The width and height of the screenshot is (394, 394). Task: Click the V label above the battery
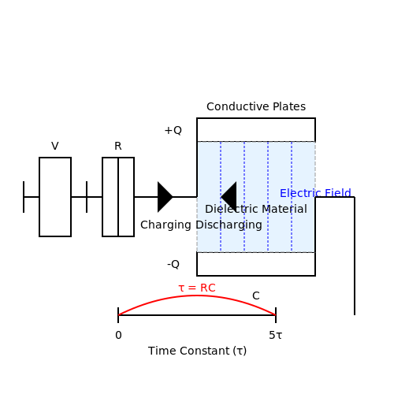click(55, 146)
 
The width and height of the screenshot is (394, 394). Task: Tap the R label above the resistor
click(118, 146)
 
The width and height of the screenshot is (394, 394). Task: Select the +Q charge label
click(173, 130)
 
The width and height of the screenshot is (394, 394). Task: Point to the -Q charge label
click(173, 264)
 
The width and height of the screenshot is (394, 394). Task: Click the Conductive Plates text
click(256, 106)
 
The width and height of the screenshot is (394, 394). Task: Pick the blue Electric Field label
click(315, 193)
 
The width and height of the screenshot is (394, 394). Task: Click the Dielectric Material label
click(256, 209)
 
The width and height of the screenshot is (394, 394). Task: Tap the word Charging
click(165, 225)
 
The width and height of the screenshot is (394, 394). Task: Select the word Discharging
click(229, 225)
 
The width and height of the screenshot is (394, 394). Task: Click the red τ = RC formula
click(197, 288)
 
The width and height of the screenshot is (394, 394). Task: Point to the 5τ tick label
click(275, 335)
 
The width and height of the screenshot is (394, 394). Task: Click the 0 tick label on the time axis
click(118, 335)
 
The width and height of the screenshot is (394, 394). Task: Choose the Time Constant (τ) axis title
click(197, 351)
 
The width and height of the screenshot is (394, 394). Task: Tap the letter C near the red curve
click(256, 295)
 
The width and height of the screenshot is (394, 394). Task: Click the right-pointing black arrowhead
click(165, 197)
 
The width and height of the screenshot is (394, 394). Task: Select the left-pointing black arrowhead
click(229, 197)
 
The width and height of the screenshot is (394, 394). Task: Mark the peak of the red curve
click(197, 295)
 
